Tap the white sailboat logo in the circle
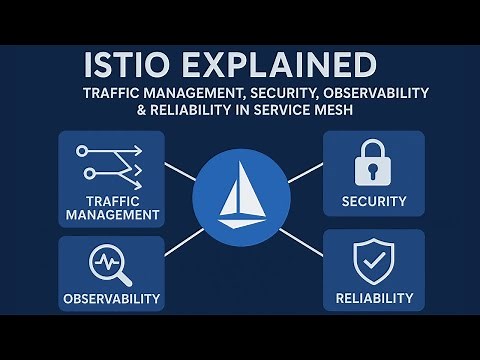pos(239,196)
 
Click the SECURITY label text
pos(374,201)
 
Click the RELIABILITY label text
pos(374,298)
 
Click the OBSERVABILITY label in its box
pos(111,299)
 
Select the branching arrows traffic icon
pos(110,160)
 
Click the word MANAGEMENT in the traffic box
pos(111,214)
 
